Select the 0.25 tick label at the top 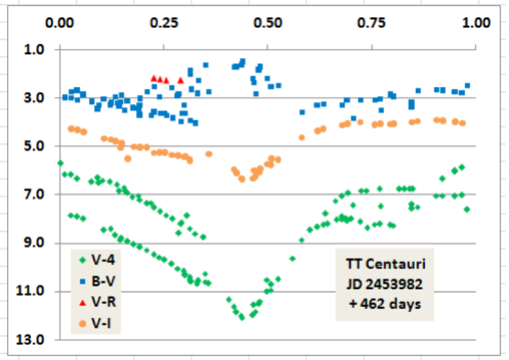coord(164,22)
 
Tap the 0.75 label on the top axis coord(371,22)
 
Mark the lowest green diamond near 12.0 coord(242,317)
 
